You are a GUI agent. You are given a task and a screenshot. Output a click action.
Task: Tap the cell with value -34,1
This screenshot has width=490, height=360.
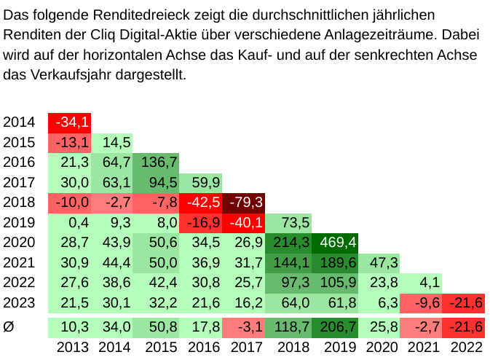[70, 122]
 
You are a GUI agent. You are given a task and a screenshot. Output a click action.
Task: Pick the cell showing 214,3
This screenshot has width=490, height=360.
[291, 242]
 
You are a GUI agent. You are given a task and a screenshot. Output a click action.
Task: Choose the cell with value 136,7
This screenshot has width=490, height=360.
[158, 162]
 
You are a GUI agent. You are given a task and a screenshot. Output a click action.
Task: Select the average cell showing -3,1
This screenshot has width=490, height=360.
[247, 327]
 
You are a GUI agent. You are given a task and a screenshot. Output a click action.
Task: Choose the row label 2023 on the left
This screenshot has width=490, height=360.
[19, 302]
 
